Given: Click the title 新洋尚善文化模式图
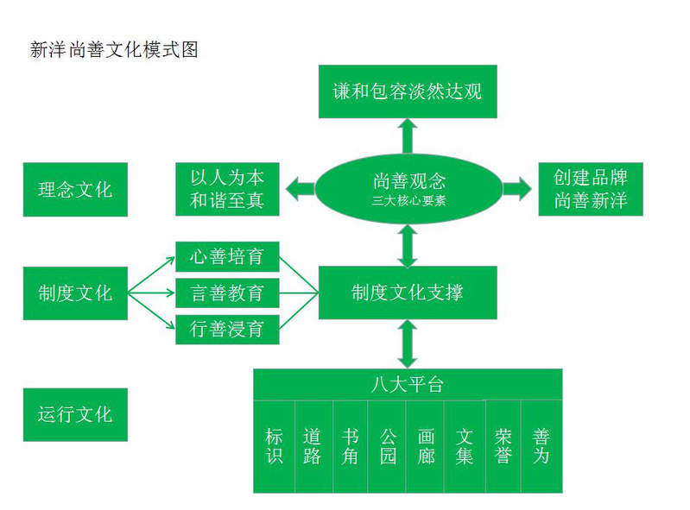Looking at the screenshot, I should [x=114, y=50].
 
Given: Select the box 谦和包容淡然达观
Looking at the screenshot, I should [x=408, y=91].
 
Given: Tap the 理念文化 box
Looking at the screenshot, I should [x=75, y=189].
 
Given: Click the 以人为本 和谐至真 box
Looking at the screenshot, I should [x=227, y=189].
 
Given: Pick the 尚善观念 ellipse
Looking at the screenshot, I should [x=408, y=189].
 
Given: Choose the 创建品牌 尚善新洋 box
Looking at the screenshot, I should [x=591, y=189].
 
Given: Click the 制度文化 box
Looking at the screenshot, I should [x=75, y=293].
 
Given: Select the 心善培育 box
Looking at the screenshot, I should [x=227, y=257].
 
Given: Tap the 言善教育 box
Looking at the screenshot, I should [x=227, y=293].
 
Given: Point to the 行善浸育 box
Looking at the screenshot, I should [x=227, y=330].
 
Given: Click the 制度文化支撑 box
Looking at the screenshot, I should [x=408, y=293].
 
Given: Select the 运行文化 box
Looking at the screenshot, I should [x=75, y=414].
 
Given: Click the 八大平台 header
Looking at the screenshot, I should [x=408, y=384].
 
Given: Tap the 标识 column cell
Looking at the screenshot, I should [x=275, y=446].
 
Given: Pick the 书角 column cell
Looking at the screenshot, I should [x=350, y=446].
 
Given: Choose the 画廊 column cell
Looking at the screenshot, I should [x=426, y=446].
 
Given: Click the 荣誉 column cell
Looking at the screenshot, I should [x=503, y=446].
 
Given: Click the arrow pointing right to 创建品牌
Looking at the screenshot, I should [x=517, y=189].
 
